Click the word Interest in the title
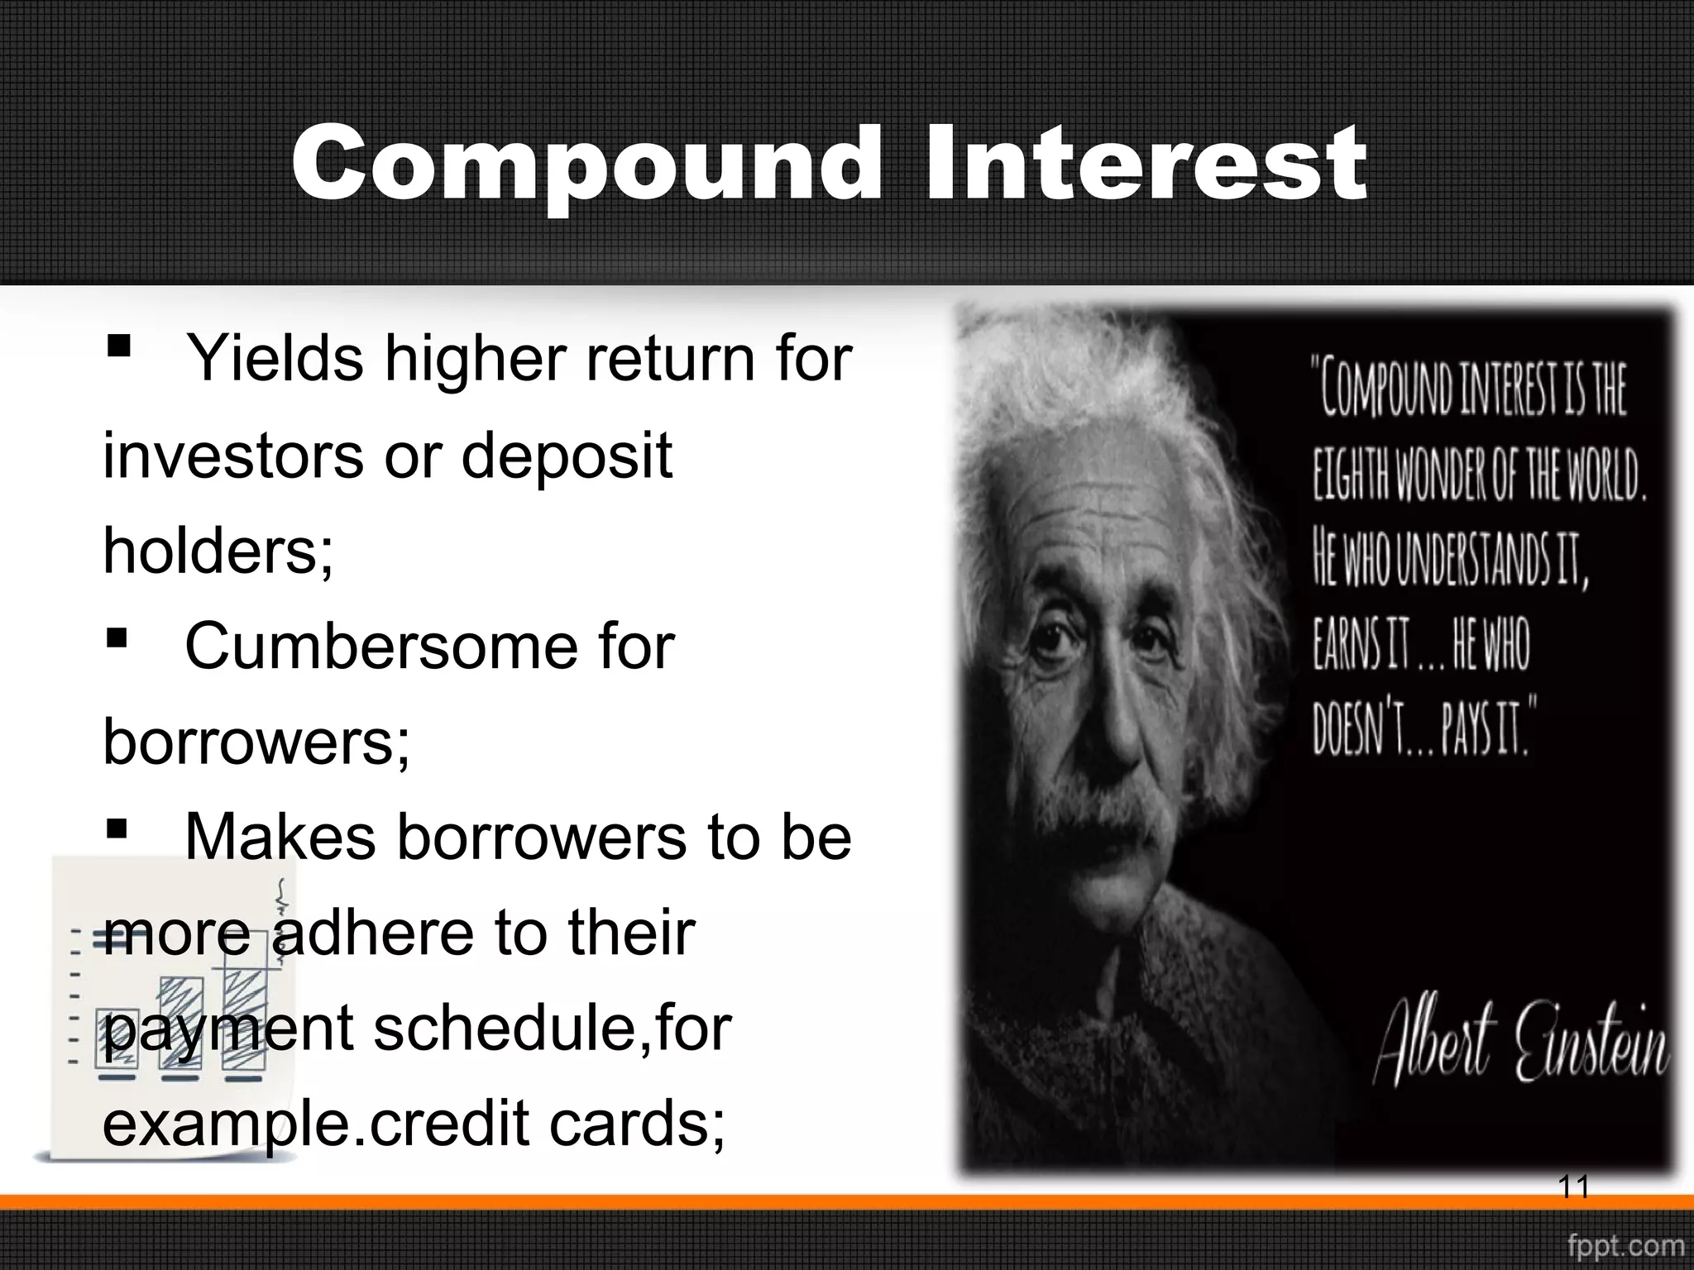click(1145, 164)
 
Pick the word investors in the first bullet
click(232, 456)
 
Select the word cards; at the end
click(638, 1124)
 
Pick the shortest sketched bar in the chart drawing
click(117, 1038)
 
